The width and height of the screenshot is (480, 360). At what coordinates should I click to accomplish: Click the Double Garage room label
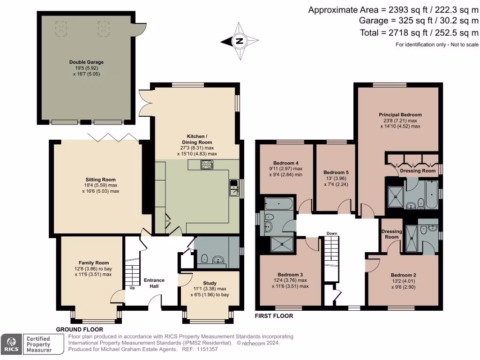[86, 62]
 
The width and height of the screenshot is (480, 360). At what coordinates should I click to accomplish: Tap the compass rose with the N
[240, 41]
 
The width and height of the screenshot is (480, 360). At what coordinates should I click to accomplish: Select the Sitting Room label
[100, 180]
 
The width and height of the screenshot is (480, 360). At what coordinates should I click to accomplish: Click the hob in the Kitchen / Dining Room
[206, 165]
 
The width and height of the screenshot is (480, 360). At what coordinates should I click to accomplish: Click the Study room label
[210, 283]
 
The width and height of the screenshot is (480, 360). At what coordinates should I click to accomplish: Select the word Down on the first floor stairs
[332, 233]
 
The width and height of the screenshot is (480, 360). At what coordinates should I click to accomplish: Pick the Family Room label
[93, 263]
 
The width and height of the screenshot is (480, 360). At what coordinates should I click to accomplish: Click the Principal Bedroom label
[400, 114]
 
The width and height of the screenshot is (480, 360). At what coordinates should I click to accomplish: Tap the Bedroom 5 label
[336, 172]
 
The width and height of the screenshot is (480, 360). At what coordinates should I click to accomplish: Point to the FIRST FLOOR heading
[274, 316]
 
